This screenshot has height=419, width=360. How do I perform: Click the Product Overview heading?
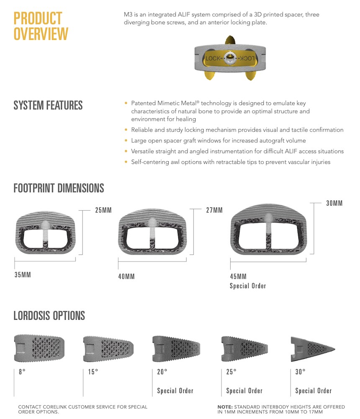pos(41,26)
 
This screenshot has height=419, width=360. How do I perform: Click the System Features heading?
pos(48,105)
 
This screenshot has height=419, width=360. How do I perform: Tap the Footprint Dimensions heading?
pos(59,188)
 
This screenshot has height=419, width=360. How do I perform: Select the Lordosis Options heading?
pos(49,316)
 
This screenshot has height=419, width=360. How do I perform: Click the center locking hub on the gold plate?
pos(230,58)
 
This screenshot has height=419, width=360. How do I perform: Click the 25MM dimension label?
pos(103,210)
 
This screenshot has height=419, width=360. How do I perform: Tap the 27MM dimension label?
pos(214,210)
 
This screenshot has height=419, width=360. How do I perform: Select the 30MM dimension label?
pos(334,203)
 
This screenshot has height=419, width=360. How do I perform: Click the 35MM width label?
pos(23,275)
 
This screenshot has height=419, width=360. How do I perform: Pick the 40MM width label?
pos(126,276)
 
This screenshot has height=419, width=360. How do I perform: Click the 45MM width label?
pos(238,276)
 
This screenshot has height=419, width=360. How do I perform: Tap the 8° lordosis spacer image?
pos(39,348)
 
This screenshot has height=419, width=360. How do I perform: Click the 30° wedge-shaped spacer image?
pos(312,349)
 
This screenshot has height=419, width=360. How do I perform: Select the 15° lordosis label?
pos(93,372)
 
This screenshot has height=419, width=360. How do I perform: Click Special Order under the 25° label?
pos(244,391)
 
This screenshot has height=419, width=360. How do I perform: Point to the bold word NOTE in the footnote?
pos(225,407)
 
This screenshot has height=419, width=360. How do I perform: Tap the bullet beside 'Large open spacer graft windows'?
pos(126,140)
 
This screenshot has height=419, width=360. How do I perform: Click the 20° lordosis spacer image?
pos(176,349)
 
